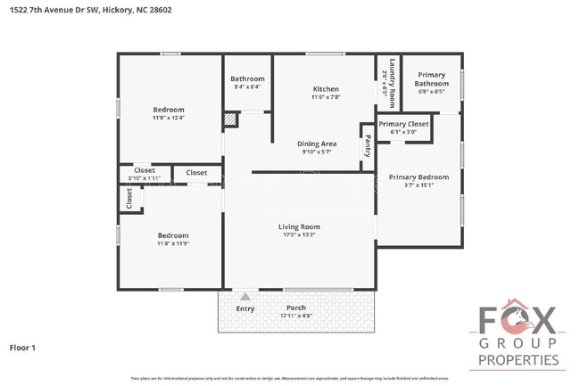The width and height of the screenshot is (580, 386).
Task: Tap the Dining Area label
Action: [316, 143]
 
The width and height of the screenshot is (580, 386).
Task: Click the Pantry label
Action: [367, 146]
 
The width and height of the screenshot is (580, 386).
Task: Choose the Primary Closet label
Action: [404, 124]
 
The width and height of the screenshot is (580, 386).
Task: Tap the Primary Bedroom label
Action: [418, 177]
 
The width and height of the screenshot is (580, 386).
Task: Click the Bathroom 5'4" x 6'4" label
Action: [247, 78]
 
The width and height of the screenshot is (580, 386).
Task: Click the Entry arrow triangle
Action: [245, 296]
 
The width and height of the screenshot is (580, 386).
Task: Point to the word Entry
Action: [245, 308]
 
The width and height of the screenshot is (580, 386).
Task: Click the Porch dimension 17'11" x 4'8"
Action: [296, 316]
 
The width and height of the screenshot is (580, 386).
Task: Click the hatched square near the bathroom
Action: [230, 119]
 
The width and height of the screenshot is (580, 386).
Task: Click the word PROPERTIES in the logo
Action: [519, 361]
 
